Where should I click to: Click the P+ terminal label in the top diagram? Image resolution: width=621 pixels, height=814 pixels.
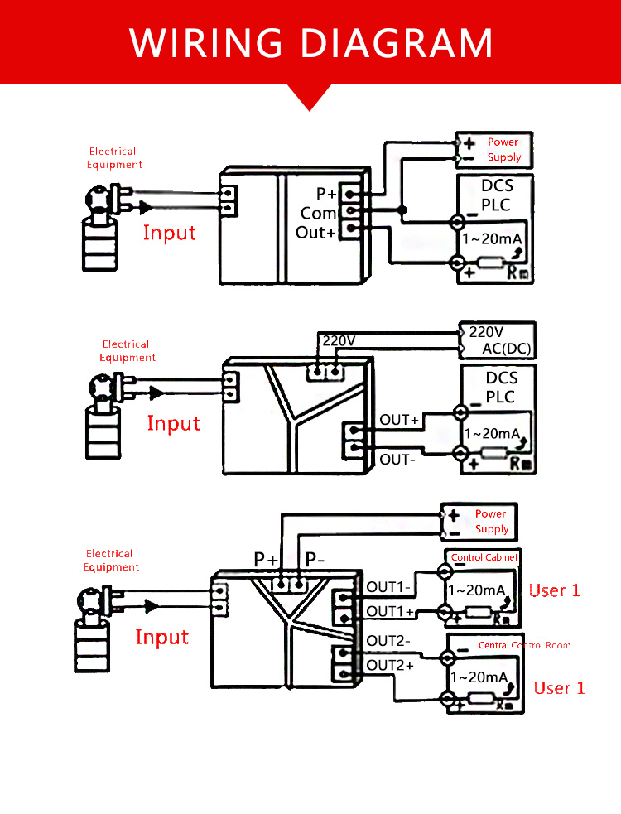tap(326, 194)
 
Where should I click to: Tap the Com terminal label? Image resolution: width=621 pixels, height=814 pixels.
tap(318, 213)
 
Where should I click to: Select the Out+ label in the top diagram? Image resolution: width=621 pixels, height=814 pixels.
tap(315, 233)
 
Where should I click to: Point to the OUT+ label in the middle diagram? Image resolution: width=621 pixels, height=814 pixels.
tap(399, 420)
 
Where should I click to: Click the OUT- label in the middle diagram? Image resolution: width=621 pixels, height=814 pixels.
tap(397, 460)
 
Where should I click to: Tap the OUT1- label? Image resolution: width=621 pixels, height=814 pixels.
tap(388, 587)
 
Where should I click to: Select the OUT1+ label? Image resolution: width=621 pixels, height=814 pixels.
tap(390, 612)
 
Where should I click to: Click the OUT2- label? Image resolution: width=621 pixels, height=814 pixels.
tap(388, 641)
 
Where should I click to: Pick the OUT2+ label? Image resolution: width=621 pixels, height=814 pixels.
tap(390, 665)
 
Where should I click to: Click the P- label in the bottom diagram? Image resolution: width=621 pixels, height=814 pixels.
tap(315, 559)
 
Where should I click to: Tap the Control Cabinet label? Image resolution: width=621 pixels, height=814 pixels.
tap(484, 557)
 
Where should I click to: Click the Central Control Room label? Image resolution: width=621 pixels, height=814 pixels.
tap(524, 645)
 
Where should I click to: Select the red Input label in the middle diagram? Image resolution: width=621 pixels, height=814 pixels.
tap(173, 423)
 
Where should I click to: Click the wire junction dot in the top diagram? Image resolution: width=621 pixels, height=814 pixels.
tap(402, 210)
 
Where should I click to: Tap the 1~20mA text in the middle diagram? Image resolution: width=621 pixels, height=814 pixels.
tap(492, 433)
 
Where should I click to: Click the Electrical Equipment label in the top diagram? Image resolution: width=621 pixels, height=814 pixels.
tap(114, 158)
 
